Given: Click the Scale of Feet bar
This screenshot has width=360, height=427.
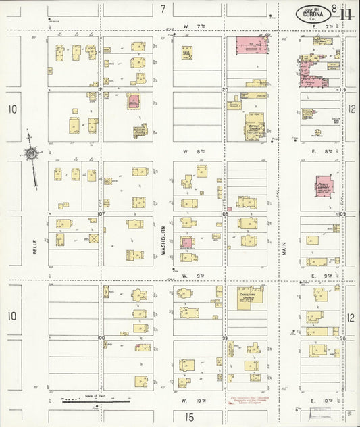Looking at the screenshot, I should (x=94, y=400).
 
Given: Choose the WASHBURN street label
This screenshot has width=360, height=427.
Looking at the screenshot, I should (x=163, y=240).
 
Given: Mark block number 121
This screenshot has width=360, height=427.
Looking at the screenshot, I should (x=100, y=89).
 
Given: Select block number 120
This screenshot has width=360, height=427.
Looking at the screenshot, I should (x=225, y=89).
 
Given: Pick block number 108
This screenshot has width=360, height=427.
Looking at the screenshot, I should (x=225, y=214).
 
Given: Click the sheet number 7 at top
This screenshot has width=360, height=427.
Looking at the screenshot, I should (x=163, y=9).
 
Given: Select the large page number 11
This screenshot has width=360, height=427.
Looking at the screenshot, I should (x=346, y=14).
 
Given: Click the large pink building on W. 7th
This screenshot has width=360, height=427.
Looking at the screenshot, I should (x=252, y=46).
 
